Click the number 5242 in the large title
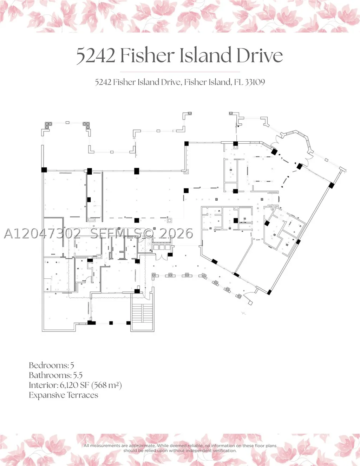[96, 56]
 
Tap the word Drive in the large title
[260, 55]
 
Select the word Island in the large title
[205, 55]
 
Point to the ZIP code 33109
[255, 82]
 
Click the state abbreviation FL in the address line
[238, 82]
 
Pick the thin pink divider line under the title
[180, 72]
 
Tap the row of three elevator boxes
[162, 247]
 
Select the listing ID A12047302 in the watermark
[42, 233]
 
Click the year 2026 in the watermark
[176, 233]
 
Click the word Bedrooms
[48, 365]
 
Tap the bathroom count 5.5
[78, 375]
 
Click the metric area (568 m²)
[106, 386]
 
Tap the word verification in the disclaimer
[225, 451]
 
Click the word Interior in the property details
[43, 386]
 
